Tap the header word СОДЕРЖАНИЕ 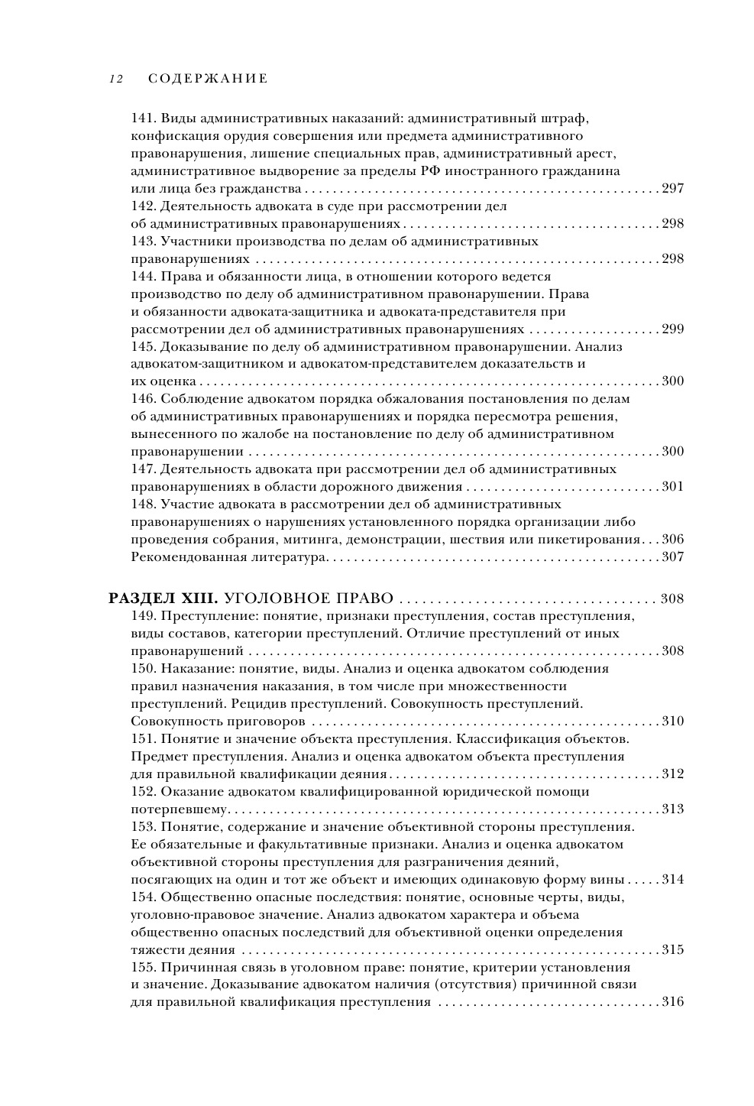tap(207, 78)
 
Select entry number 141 tap(143, 118)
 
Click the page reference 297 tap(672, 189)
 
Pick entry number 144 tap(143, 277)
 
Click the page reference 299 tap(672, 329)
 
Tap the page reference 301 tap(672, 487)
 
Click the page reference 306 tap(672, 540)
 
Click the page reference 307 tap(672, 557)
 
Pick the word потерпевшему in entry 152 tap(180, 809)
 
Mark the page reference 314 tap(672, 880)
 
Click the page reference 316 tap(672, 1002)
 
